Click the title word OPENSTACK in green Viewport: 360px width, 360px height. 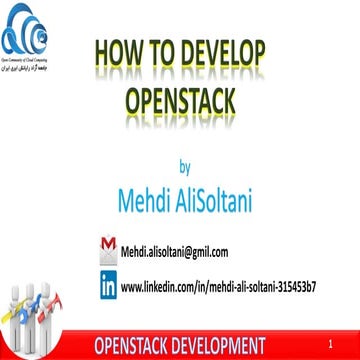(x=180, y=100)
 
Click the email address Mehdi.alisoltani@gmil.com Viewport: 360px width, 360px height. (x=175, y=252)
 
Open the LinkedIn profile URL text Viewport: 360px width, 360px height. (x=218, y=287)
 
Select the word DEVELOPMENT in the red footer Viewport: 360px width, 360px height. (x=221, y=346)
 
